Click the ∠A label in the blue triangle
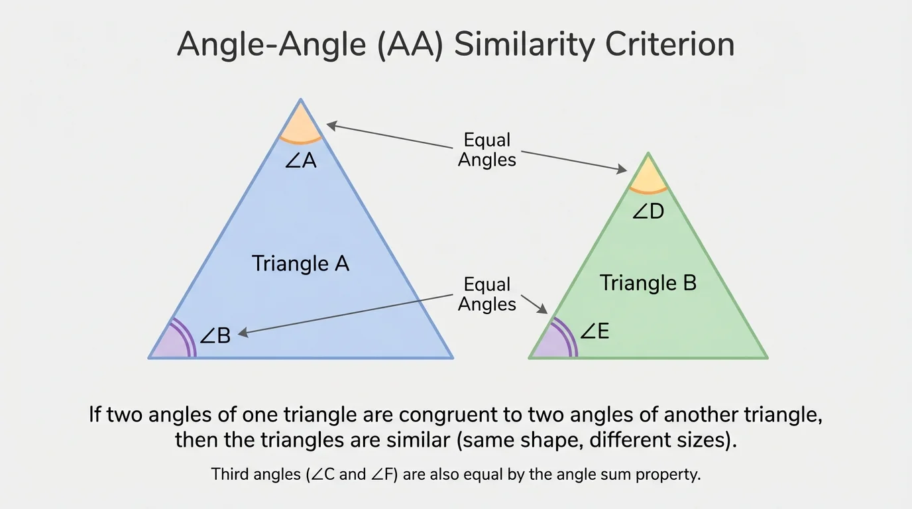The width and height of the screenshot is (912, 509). point(301,161)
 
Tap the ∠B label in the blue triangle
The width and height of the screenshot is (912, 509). point(215,336)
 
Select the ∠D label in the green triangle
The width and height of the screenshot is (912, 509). point(648,212)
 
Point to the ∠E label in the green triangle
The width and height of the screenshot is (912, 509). point(595,331)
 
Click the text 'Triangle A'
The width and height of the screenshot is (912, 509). point(300,264)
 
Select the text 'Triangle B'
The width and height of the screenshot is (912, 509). point(648,283)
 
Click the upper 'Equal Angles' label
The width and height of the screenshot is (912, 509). point(487,150)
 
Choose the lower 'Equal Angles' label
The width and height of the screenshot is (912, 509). point(487,294)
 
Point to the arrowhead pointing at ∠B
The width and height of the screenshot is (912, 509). point(243,334)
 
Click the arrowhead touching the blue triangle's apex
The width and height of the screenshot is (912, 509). point(331,124)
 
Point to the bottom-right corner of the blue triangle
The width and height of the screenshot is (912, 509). point(452,358)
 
